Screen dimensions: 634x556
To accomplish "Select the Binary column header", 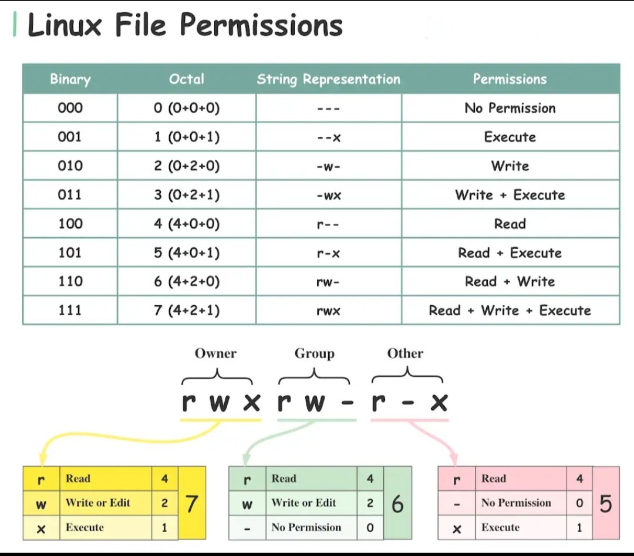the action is tap(70, 79).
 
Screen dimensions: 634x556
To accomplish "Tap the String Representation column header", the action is tap(328, 79).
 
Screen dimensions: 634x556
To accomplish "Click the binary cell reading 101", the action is tap(70, 252).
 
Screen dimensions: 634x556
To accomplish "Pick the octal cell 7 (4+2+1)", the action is tap(187, 310).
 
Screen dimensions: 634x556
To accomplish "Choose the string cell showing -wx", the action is tap(328, 195).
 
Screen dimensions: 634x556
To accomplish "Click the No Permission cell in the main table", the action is tap(510, 108).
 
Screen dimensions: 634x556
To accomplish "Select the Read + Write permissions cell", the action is tap(510, 281).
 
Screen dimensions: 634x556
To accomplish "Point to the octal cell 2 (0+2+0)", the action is tap(187, 166).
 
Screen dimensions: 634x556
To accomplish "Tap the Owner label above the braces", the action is tap(215, 353).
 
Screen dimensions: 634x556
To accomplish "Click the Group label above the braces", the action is tap(314, 353).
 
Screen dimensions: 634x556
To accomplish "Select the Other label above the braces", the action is tap(405, 353).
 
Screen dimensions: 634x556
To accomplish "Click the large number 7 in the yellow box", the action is tap(191, 504).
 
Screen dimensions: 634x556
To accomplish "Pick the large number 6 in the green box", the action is tap(397, 504).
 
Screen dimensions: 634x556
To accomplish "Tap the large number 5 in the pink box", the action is tap(605, 504).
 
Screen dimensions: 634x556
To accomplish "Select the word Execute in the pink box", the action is tap(500, 527).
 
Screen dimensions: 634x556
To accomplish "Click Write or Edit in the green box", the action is tap(303, 503).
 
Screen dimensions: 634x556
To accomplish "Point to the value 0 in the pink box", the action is tap(579, 503).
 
